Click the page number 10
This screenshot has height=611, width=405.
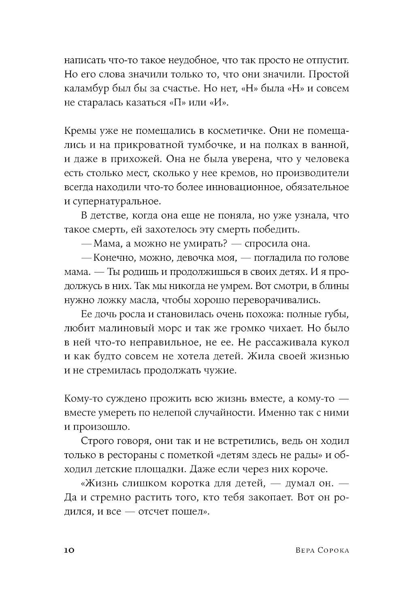coord(69,550)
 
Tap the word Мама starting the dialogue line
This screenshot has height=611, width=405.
coord(107,244)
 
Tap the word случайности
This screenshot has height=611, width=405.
coord(214,413)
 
